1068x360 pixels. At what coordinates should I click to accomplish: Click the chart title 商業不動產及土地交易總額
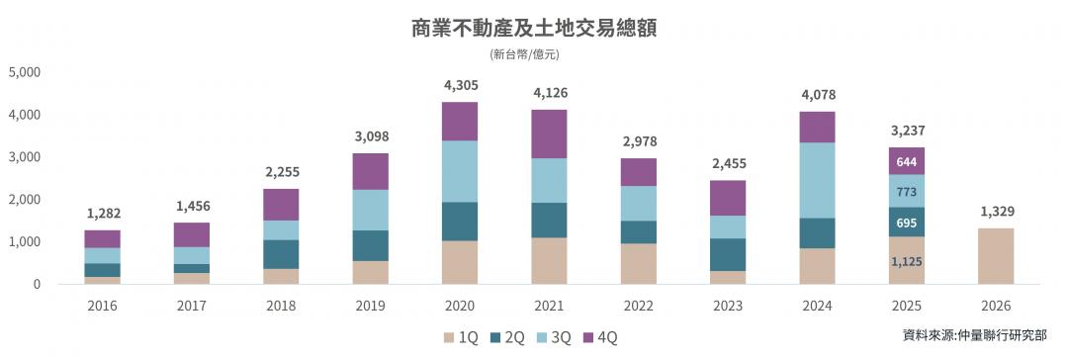click(x=534, y=27)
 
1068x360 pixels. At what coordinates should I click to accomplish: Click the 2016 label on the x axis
click(x=102, y=307)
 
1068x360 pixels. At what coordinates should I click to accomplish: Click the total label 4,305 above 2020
click(x=460, y=86)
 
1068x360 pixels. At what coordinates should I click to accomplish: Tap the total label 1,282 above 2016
click(x=102, y=214)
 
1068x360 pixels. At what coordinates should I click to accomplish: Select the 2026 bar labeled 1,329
click(x=996, y=256)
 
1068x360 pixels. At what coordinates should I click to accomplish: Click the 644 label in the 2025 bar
click(x=907, y=161)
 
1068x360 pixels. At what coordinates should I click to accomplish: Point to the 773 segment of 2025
click(x=907, y=191)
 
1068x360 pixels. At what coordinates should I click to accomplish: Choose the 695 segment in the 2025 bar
click(x=907, y=223)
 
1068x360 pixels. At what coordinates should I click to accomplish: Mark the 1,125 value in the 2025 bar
click(x=907, y=261)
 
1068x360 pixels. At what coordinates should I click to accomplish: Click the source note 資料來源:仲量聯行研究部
click(x=974, y=336)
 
